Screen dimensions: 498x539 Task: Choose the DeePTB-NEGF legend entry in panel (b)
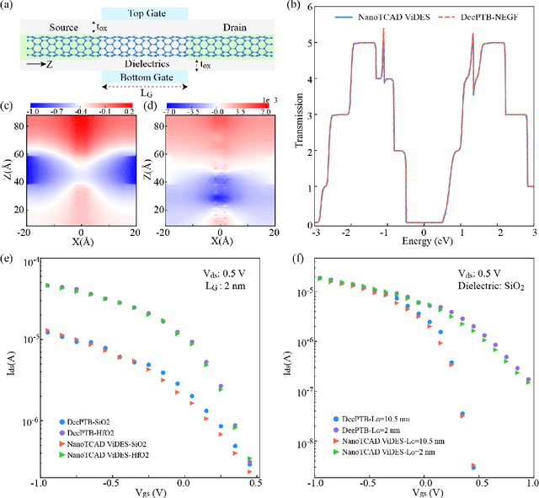point(486,14)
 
